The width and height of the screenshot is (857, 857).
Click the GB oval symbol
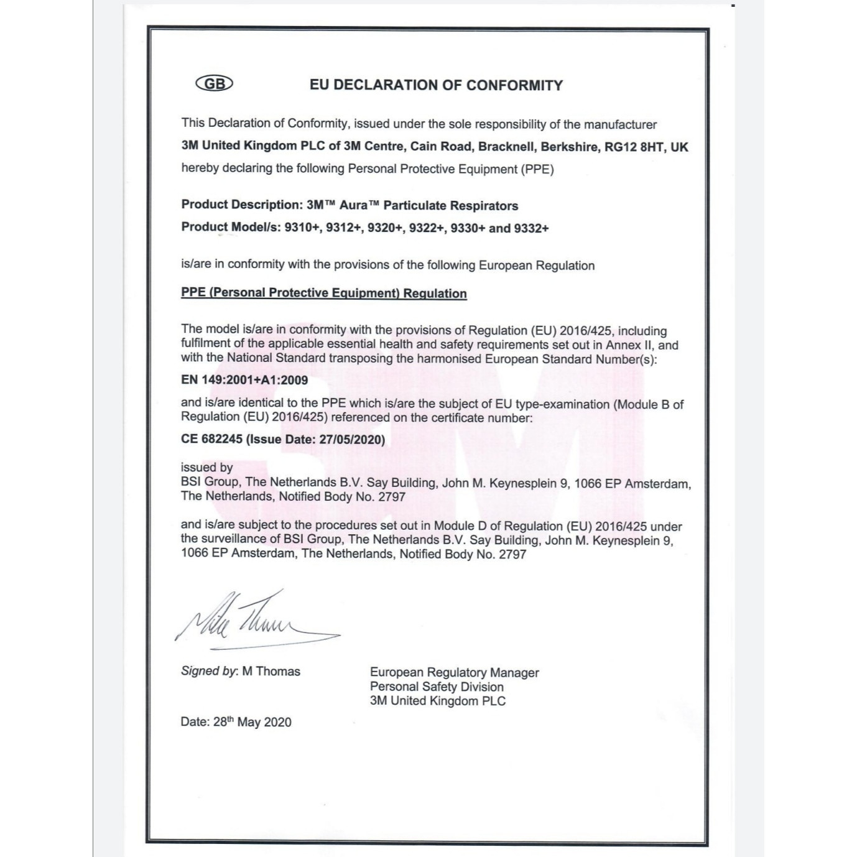pos(214,84)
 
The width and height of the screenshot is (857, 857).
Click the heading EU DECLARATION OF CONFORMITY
pos(436,86)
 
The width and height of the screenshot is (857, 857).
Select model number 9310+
pos(302,228)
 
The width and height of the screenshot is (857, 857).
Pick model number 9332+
pos(531,228)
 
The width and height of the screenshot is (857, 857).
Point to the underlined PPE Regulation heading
pos(323,294)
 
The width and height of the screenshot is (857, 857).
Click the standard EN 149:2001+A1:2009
pos(244,380)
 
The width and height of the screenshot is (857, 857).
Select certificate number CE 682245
pos(211,439)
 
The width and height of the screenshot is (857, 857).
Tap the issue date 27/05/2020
pos(351,439)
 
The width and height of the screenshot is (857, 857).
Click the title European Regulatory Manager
pos(454,672)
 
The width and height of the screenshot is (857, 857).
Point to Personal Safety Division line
pos(437,687)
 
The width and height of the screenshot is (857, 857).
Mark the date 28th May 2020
pos(252,722)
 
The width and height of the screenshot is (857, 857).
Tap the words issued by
pos(206,468)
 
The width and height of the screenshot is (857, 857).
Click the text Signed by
pos(209,672)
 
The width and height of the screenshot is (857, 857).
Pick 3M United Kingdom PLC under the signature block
pos(437,701)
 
